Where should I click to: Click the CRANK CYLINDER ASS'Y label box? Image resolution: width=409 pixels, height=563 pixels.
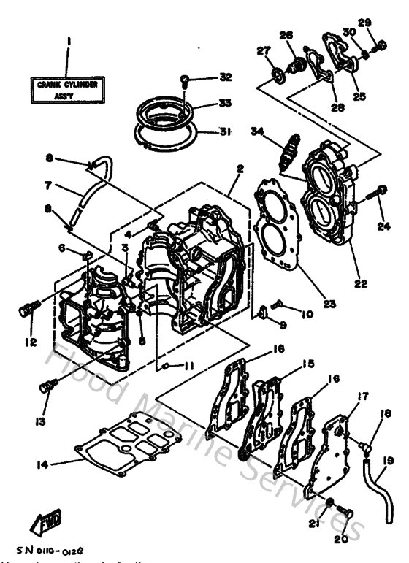tap(66, 90)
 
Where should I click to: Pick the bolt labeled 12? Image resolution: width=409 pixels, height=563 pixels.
tap(26, 312)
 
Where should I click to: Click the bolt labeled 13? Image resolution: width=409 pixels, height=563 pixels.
tap(50, 383)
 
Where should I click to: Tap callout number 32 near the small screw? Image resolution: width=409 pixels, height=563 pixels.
tap(226, 77)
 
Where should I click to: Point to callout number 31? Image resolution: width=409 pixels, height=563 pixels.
tap(226, 132)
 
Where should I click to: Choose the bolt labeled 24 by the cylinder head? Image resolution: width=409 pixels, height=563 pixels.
tap(380, 194)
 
